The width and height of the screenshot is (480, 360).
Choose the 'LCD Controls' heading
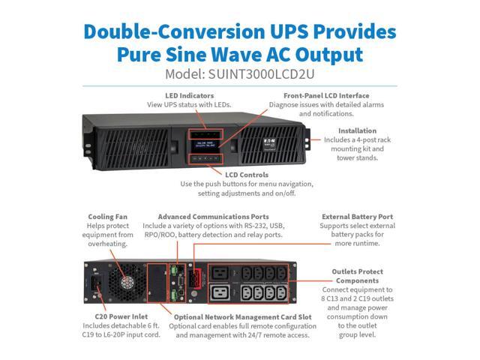pyautogui.click(x=243, y=174)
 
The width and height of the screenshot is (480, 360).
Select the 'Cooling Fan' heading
pyautogui.click(x=107, y=217)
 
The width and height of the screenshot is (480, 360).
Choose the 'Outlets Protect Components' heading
pyautogui.click(x=357, y=276)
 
